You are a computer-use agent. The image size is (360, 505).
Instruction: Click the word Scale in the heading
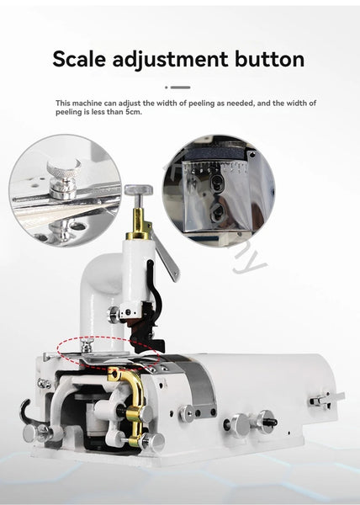coord(79,59)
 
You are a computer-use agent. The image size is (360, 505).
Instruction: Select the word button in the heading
coord(270,59)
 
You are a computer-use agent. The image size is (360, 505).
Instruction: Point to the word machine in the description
coord(87,103)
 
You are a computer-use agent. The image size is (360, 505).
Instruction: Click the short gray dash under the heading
coord(180,88)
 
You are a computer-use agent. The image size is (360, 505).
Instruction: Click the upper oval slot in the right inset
coord(216,183)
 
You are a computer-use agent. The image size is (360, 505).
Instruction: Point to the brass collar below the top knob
coord(139,225)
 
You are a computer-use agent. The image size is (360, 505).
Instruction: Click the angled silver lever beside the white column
coord(166,255)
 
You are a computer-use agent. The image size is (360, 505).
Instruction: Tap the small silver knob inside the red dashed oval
coord(87,345)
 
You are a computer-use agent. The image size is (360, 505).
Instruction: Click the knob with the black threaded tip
coord(267,422)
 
